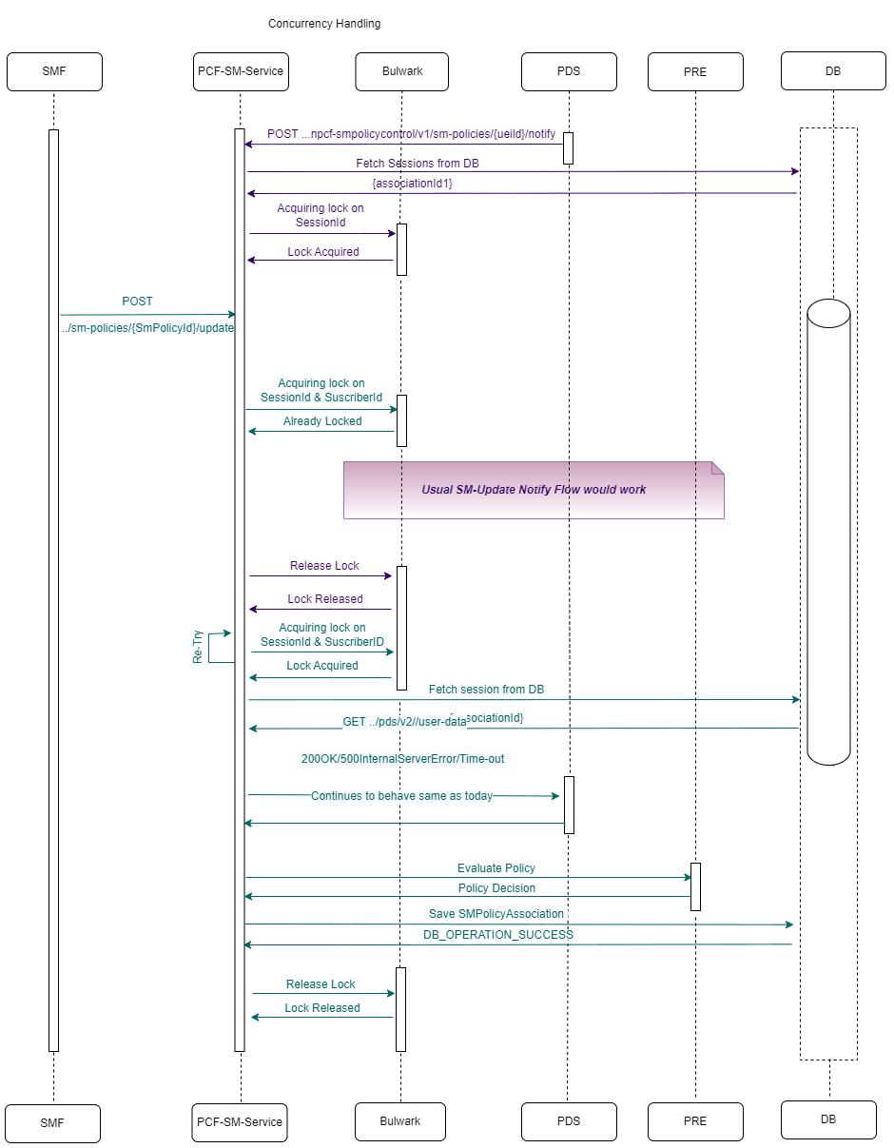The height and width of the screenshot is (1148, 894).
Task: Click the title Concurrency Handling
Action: [324, 24]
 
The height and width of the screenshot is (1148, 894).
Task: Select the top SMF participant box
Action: [54, 71]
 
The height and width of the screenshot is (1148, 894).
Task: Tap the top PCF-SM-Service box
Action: [241, 71]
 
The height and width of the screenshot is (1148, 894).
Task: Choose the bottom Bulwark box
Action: [400, 1121]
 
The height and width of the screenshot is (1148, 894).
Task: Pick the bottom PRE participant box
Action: [695, 1121]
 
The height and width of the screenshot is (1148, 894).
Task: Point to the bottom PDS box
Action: [569, 1121]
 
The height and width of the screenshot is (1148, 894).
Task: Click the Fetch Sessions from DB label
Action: [418, 164]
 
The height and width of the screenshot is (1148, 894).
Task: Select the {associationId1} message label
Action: [412, 184]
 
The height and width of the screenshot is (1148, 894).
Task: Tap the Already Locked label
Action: [322, 421]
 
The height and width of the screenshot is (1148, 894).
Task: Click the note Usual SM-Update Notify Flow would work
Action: [534, 490]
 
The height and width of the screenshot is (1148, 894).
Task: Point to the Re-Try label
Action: [198, 647]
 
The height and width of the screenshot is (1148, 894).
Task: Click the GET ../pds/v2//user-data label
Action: [404, 722]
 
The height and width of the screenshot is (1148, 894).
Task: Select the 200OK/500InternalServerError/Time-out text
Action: [402, 759]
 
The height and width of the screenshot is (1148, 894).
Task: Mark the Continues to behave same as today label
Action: [401, 796]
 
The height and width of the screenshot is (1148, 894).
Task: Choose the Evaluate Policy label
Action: [496, 868]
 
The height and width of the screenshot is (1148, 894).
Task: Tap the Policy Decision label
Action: [496, 888]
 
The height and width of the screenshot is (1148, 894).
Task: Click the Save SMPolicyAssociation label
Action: [496, 914]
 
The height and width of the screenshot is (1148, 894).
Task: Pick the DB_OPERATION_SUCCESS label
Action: [498, 935]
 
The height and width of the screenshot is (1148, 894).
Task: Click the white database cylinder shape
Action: [828, 533]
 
